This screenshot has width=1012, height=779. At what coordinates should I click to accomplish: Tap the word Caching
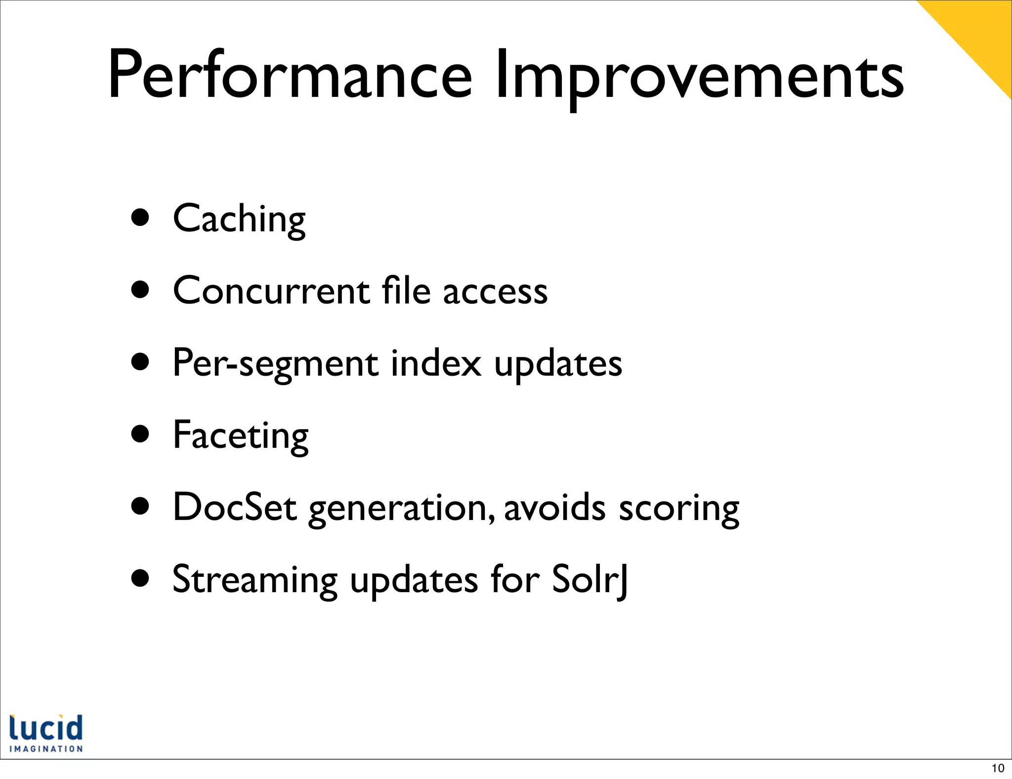239,219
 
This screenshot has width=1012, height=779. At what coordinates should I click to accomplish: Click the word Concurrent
271,291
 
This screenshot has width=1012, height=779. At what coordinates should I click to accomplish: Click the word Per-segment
275,364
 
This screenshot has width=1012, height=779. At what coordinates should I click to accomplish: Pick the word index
435,363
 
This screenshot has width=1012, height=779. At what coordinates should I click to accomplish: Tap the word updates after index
558,364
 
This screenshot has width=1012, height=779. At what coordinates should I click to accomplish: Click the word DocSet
235,508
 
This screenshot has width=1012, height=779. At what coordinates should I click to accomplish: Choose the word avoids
554,508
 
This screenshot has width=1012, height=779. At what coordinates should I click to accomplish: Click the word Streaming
255,580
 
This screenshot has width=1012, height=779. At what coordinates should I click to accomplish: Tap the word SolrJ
590,580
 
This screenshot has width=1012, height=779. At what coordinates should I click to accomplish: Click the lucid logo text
46,728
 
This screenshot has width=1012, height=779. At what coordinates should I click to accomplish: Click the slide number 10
998,768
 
